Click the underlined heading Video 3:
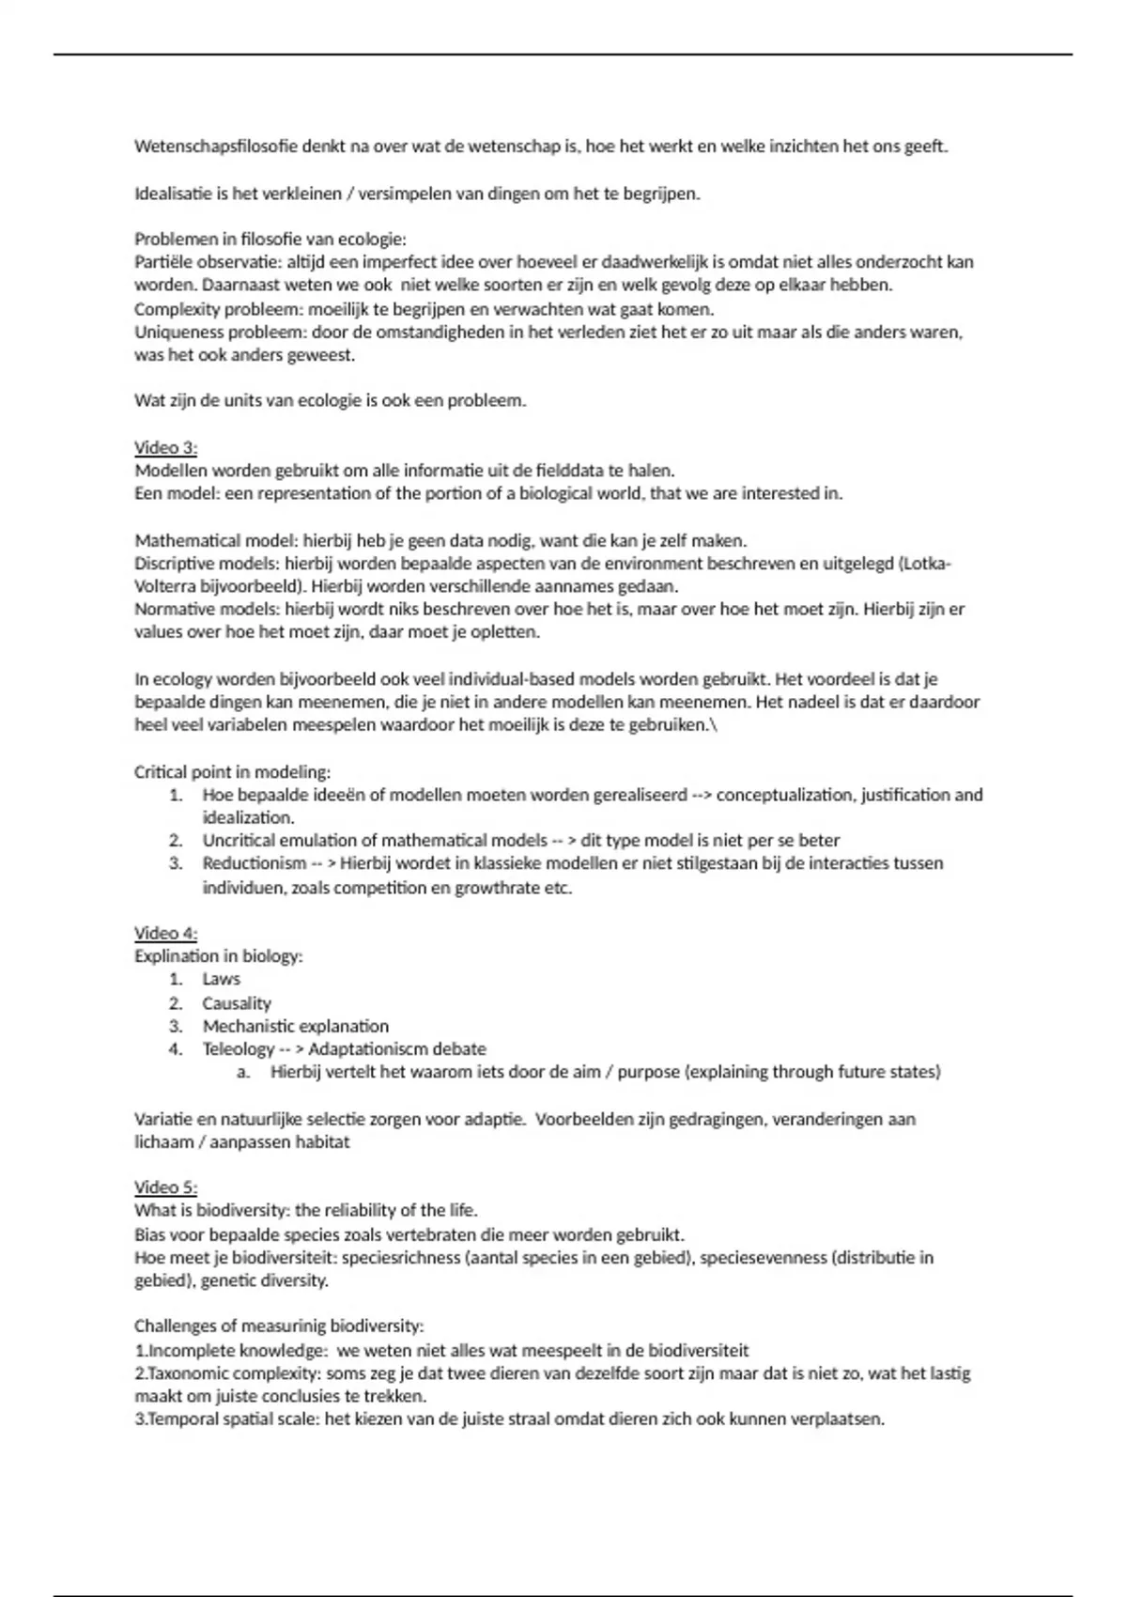click(x=165, y=447)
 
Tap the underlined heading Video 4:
click(x=165, y=933)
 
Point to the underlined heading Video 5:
click(x=165, y=1186)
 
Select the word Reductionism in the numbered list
click(x=254, y=863)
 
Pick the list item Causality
click(x=237, y=1003)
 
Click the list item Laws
click(x=221, y=979)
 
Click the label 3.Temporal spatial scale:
click(x=227, y=1419)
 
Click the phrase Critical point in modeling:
click(x=232, y=772)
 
